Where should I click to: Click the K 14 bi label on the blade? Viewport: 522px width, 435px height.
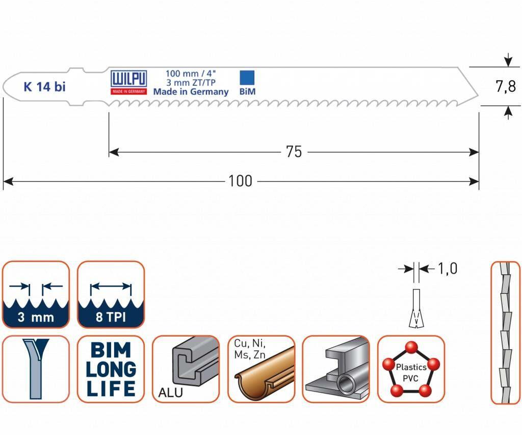coord(44,87)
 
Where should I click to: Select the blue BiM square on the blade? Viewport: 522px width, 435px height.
coord(247,78)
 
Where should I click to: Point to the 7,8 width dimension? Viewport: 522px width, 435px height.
coord(506,87)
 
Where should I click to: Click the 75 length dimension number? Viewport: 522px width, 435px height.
coord(294,152)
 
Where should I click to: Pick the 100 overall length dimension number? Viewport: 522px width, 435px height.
coord(240,181)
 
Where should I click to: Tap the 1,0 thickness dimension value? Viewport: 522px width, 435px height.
coord(447,269)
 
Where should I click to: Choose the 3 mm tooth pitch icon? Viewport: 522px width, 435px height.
coord(36,294)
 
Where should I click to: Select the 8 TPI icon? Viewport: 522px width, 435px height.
coord(111,294)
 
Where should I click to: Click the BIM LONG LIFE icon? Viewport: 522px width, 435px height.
coord(111,369)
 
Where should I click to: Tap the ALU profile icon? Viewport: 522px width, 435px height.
coord(186,369)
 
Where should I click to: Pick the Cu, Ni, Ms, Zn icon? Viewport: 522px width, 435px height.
coord(260,369)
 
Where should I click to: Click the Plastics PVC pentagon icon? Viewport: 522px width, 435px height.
coord(411,369)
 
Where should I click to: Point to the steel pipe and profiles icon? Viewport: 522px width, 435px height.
coord(335,369)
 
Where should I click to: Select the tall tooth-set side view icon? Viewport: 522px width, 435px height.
coord(505,332)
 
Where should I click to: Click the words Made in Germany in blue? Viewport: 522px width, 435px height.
coord(191,92)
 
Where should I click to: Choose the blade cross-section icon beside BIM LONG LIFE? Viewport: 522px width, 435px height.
coord(36,369)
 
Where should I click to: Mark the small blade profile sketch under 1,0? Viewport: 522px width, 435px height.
coord(416,309)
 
